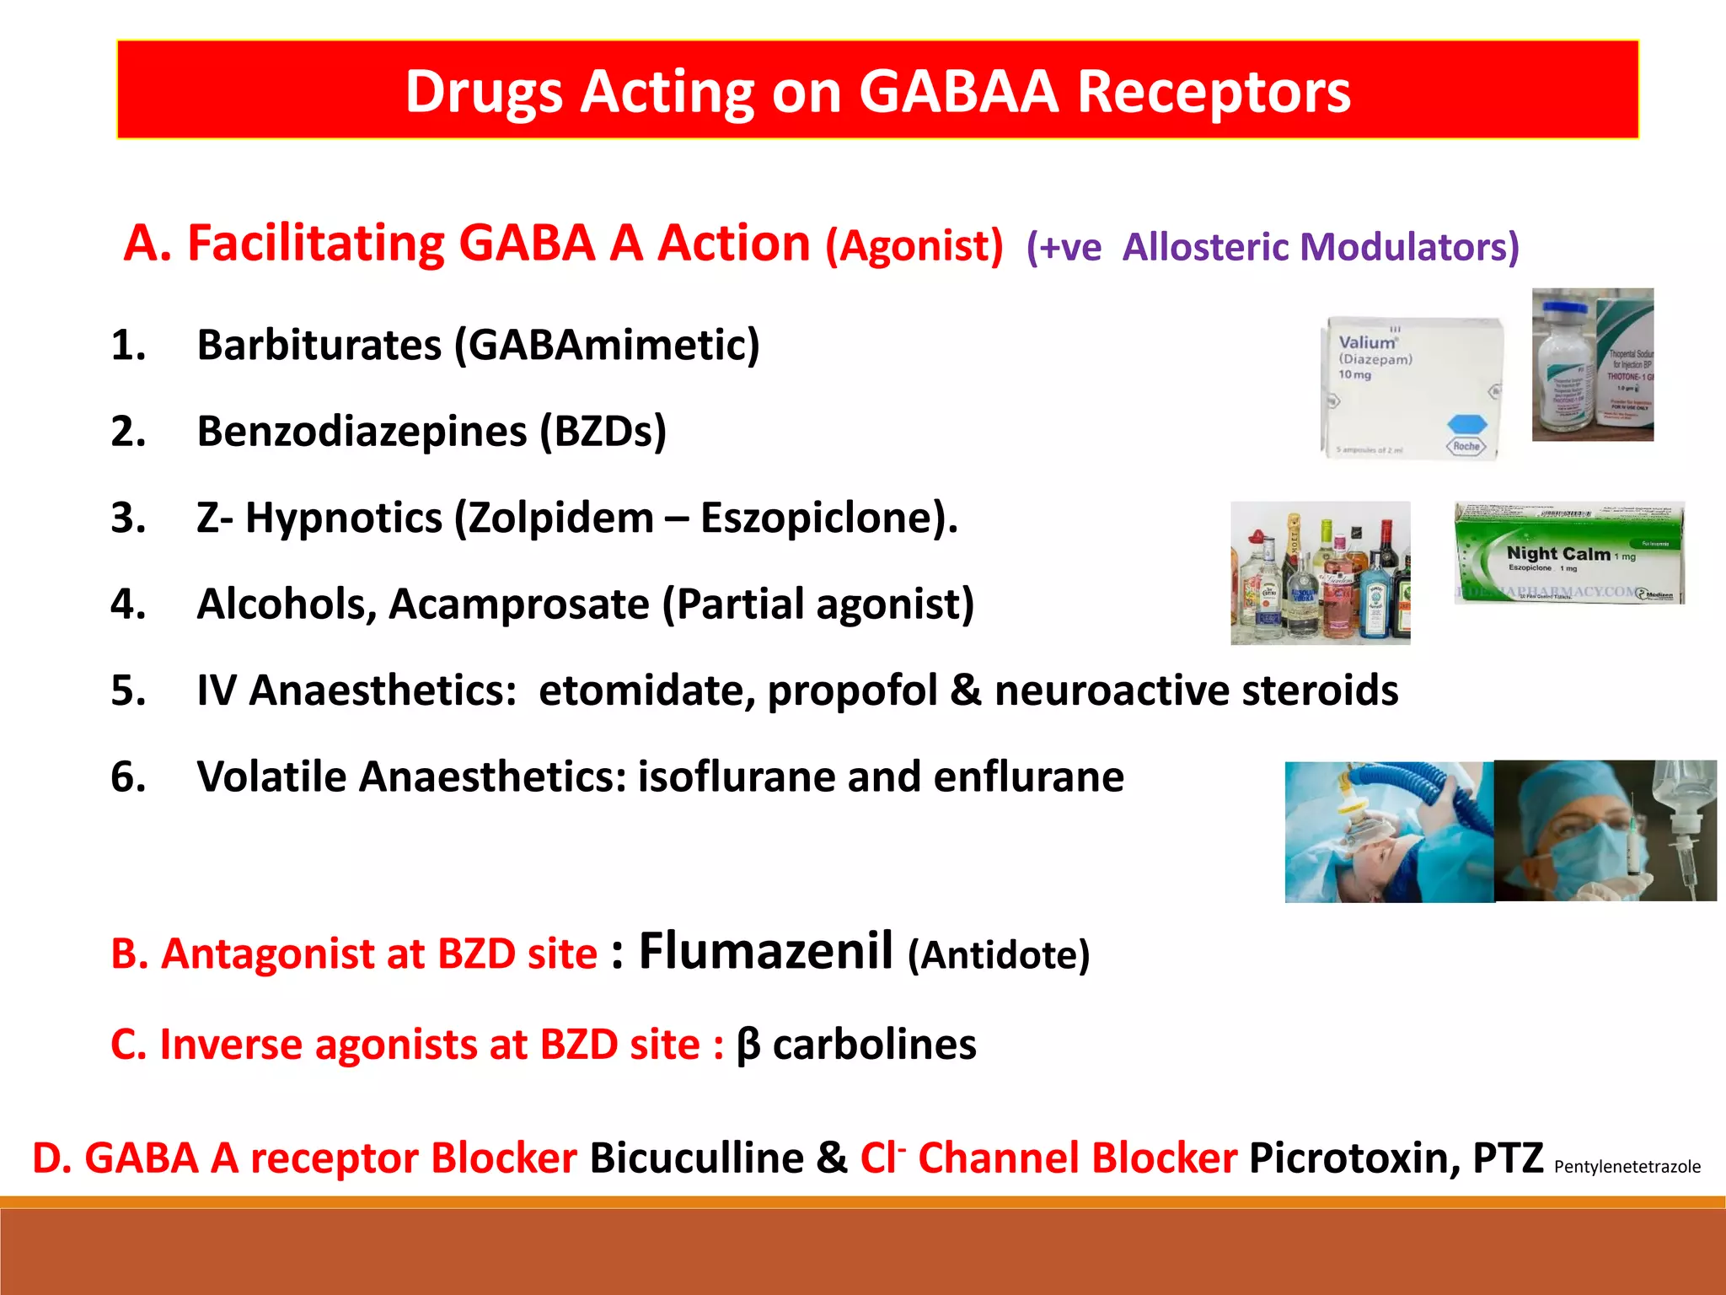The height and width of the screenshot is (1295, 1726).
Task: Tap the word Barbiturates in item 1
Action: [319, 345]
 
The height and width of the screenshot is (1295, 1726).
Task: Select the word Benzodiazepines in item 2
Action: [362, 432]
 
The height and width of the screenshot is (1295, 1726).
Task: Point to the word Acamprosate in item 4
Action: [519, 605]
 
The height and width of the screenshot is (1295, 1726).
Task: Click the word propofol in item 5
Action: [851, 690]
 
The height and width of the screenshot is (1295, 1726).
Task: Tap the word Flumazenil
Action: [765, 951]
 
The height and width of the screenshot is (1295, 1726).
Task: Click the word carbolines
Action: [874, 1045]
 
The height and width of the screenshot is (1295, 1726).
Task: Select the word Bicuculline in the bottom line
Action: [696, 1158]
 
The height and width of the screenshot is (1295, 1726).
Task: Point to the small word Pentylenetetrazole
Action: [1627, 1167]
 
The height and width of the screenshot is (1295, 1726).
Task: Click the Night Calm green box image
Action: [1568, 553]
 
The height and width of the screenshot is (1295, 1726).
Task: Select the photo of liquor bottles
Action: [1320, 573]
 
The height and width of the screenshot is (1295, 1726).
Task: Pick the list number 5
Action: [128, 690]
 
